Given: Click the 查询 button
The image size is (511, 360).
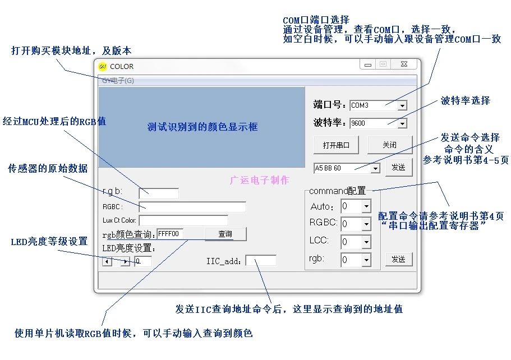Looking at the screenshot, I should pyautogui.click(x=225, y=234).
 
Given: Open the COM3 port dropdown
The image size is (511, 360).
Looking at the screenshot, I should pyautogui.click(x=402, y=105).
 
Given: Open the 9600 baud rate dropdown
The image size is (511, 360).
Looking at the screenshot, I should pyautogui.click(x=402, y=123).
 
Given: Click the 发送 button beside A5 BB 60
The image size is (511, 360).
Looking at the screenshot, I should pyautogui.click(x=398, y=167).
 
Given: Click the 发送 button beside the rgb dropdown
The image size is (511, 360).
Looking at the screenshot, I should pyautogui.click(x=398, y=260).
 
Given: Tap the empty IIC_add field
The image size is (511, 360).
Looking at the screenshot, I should pyautogui.click(x=261, y=260).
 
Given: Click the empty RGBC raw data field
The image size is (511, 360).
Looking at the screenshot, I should pyautogui.click(x=192, y=207).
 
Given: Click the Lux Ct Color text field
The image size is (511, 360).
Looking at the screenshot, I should pyautogui.click(x=183, y=220).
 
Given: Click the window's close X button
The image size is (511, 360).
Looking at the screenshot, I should pyautogui.click(x=404, y=64).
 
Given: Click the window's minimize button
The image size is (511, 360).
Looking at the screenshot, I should pyautogui.click(x=367, y=64).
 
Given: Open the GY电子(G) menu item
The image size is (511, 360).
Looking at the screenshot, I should pyautogui.click(x=118, y=81).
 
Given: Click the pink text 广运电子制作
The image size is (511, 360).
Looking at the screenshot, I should pyautogui.click(x=260, y=181).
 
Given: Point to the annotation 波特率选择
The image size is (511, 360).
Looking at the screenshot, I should pyautogui.click(x=465, y=101).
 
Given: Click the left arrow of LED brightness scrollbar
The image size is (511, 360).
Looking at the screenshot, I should pyautogui.click(x=107, y=261).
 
